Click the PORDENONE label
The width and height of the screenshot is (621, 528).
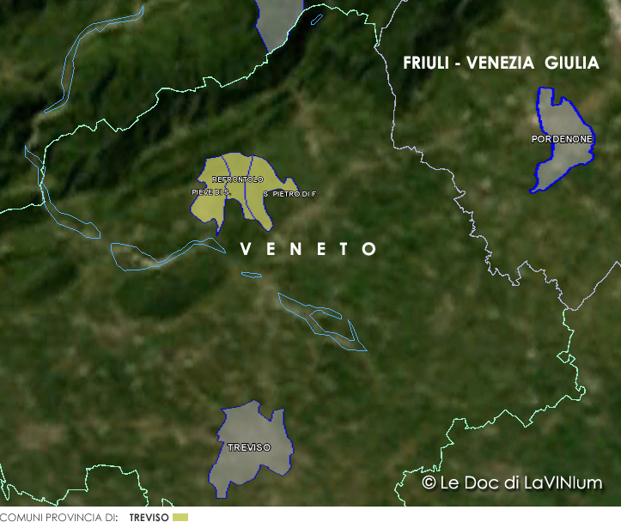click(x=562, y=138)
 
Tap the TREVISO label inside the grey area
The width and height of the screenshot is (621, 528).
click(x=249, y=448)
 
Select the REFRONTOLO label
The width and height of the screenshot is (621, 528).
click(x=237, y=179)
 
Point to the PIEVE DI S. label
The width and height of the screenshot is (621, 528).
click(x=210, y=193)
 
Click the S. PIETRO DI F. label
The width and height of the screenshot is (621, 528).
click(x=290, y=194)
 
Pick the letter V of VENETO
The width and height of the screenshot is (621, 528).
click(x=247, y=249)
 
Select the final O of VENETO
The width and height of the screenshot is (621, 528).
click(x=369, y=249)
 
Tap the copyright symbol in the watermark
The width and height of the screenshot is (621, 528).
click(x=429, y=483)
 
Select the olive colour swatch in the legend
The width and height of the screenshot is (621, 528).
click(x=180, y=518)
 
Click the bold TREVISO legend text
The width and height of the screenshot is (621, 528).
click(x=149, y=519)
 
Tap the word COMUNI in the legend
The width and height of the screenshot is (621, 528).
click(x=20, y=519)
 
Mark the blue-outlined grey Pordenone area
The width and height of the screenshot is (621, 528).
click(x=562, y=159)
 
